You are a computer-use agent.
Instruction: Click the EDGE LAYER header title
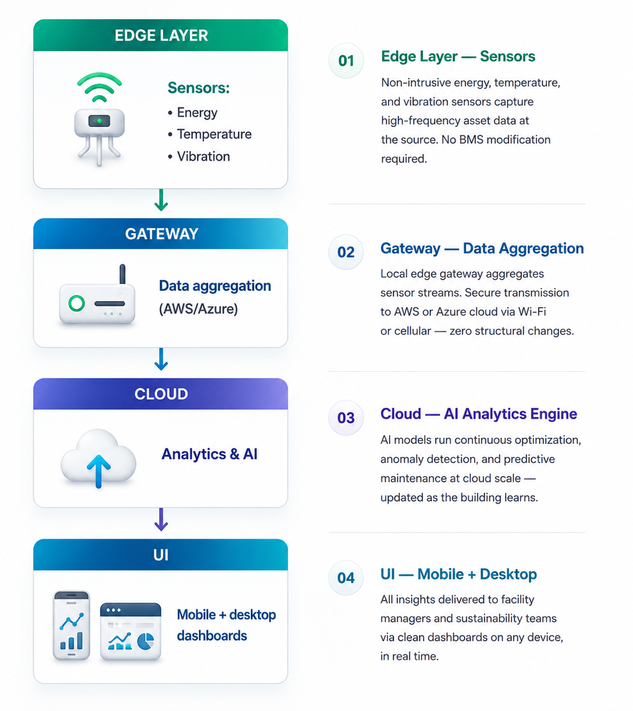pos(161,36)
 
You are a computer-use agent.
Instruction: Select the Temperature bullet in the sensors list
pos(210,134)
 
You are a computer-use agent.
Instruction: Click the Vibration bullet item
pos(199,156)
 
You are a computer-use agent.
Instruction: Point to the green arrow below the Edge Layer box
pos(161,200)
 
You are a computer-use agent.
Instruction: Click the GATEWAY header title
pos(162,234)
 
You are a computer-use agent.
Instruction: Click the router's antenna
pos(122,274)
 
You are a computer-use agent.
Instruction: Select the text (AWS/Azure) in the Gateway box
pos(199,309)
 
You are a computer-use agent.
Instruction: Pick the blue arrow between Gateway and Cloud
pos(161,359)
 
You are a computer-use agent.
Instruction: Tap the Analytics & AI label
pos(209,454)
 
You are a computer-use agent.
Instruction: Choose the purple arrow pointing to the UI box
pos(161,519)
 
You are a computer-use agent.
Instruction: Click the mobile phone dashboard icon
pos(71,625)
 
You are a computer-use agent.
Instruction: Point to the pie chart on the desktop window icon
pos(146,641)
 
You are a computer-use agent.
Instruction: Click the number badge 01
pos(346,61)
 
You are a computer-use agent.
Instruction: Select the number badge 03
pos(346,418)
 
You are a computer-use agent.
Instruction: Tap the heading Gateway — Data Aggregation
pos(482,248)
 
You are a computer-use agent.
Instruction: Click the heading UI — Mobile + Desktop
pos(459,574)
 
